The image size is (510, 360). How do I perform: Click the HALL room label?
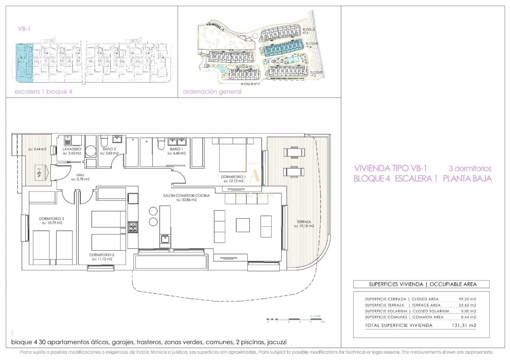pyautogui.click(x=80, y=175)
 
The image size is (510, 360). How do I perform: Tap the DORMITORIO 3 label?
pyautogui.click(x=51, y=219)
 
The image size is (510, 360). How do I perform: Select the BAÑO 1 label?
pyautogui.click(x=176, y=149)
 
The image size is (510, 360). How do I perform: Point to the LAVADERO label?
pyautogui.click(x=72, y=149)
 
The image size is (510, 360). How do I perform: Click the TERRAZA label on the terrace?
pyautogui.click(x=304, y=222)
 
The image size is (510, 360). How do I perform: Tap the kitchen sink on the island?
pyautogui.click(x=165, y=239)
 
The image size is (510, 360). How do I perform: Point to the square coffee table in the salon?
pyautogui.click(x=243, y=225)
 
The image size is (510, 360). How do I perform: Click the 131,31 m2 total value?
pyautogui.click(x=464, y=325)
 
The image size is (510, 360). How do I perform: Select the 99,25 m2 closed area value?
pyautogui.click(x=467, y=299)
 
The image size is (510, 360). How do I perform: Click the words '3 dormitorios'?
pyautogui.click(x=470, y=169)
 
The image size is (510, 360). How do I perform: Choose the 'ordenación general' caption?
pyautogui.click(x=212, y=92)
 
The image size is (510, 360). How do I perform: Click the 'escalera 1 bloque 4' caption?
pyautogui.click(x=43, y=92)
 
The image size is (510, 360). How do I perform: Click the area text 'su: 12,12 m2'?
pyautogui.click(x=234, y=181)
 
